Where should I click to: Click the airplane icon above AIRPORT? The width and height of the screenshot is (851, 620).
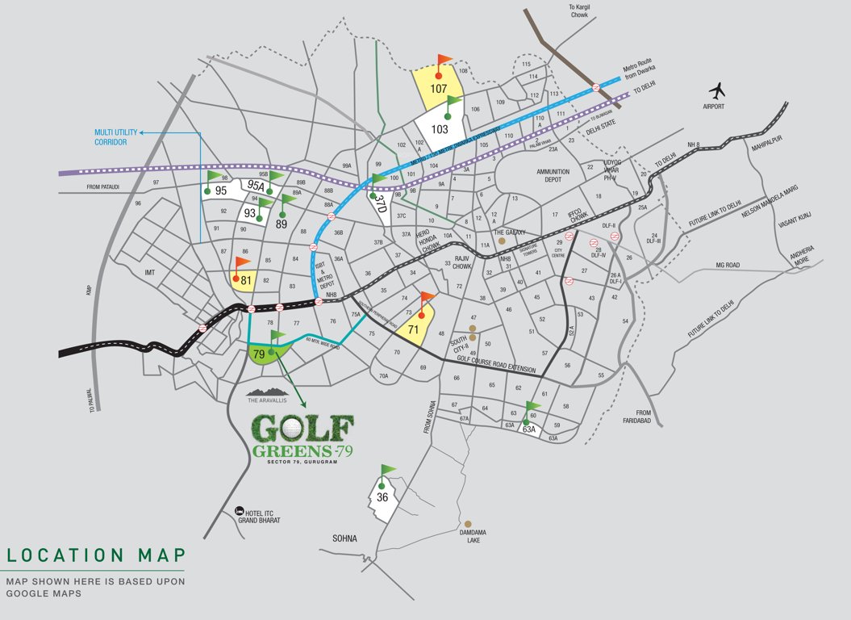click(x=717, y=90)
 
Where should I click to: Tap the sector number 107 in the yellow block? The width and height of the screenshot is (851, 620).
click(x=439, y=88)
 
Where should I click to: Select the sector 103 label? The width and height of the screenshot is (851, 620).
click(x=440, y=128)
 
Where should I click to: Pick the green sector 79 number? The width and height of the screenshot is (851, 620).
click(x=259, y=354)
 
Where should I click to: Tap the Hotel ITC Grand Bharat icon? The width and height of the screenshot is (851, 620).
click(x=240, y=510)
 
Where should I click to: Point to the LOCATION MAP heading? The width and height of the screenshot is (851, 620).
click(x=96, y=555)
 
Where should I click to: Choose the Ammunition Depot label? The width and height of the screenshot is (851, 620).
click(x=553, y=176)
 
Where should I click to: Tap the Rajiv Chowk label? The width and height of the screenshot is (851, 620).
click(x=461, y=263)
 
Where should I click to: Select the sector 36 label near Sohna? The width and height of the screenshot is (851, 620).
click(x=382, y=497)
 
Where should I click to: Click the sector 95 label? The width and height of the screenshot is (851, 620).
click(x=220, y=191)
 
